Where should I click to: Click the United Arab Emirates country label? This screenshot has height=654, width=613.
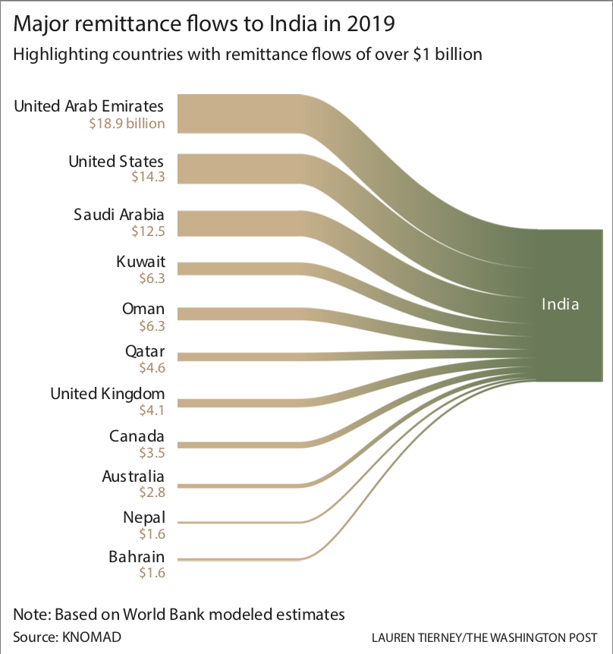click(89, 105)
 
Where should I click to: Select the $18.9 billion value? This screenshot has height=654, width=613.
click(127, 123)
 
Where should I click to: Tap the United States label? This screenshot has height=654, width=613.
click(116, 161)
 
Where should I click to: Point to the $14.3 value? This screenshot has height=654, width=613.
click(148, 178)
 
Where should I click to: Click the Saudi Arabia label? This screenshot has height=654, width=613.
click(119, 214)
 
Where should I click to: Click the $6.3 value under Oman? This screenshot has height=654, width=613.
click(150, 326)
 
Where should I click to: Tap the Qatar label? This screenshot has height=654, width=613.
click(145, 352)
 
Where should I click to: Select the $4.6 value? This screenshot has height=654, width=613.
click(150, 369)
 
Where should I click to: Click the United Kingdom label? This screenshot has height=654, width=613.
click(107, 394)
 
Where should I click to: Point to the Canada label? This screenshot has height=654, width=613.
click(137, 436)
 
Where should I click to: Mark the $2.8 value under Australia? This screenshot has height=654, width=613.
click(150, 492)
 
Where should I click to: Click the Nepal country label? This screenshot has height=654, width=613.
click(144, 518)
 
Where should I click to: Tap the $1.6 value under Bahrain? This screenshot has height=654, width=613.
click(152, 574)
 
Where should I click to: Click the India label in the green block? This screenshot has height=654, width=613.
click(560, 305)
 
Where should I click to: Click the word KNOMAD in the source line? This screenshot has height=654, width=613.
click(91, 635)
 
